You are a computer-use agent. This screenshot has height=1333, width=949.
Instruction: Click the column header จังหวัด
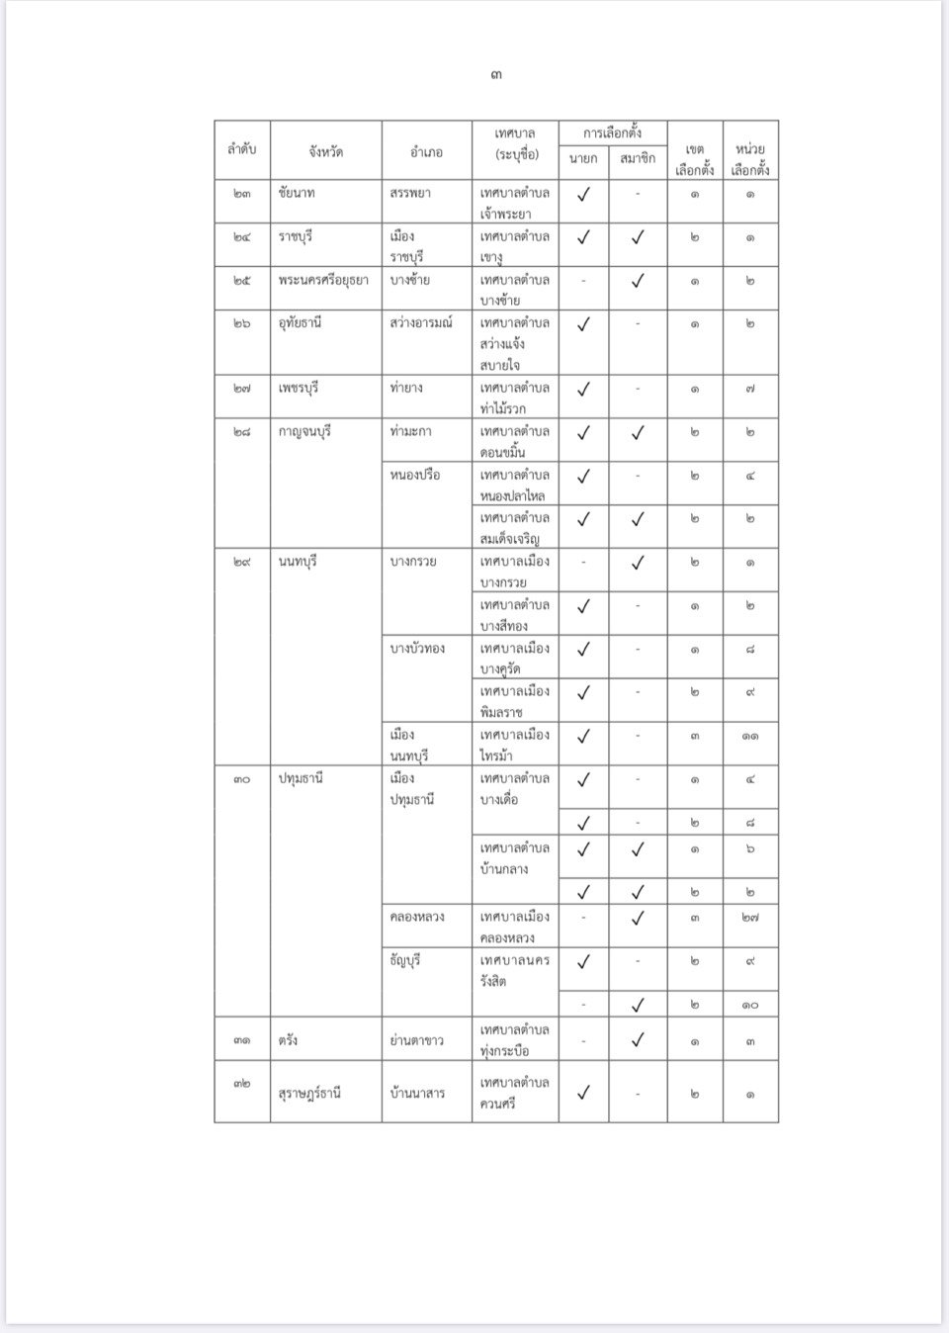click(x=325, y=151)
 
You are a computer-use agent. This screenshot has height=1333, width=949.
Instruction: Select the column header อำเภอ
click(x=426, y=151)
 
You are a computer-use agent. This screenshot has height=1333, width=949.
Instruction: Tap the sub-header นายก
click(x=583, y=158)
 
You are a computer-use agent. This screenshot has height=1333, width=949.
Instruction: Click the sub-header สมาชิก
click(x=638, y=158)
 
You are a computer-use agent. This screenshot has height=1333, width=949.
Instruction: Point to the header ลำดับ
click(x=242, y=149)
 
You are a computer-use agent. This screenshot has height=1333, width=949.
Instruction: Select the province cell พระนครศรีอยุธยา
click(x=323, y=280)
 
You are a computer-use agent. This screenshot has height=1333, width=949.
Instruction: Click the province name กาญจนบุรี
click(x=304, y=431)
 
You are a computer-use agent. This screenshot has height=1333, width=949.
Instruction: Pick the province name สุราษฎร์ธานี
click(x=310, y=1093)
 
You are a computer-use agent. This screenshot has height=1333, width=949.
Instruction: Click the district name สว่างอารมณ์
click(x=421, y=322)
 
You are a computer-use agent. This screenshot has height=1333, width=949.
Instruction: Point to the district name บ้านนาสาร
click(x=417, y=1093)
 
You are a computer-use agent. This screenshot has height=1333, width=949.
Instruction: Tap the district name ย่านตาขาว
click(x=417, y=1040)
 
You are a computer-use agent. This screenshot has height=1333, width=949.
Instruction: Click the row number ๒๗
click(x=242, y=388)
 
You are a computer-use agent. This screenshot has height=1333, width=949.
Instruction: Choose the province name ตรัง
click(x=289, y=1040)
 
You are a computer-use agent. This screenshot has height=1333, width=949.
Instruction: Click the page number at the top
click(x=495, y=75)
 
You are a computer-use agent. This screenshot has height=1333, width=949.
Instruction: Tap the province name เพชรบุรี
click(x=301, y=388)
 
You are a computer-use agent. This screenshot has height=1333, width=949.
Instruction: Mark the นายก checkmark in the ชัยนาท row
click(x=583, y=195)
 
